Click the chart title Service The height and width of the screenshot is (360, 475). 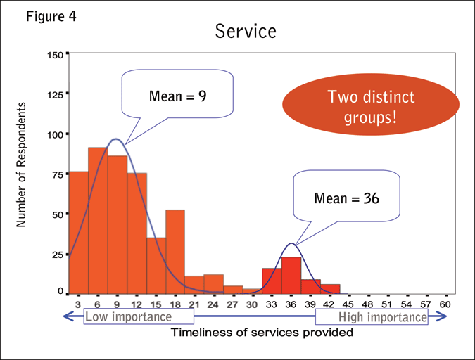(x=246, y=32)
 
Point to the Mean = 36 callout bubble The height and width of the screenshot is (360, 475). (x=347, y=199)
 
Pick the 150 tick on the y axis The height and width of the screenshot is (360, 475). (x=56, y=54)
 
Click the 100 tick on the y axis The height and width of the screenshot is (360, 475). (x=56, y=134)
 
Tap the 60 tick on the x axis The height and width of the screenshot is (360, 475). (x=445, y=304)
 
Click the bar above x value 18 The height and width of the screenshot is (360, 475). (x=175, y=251)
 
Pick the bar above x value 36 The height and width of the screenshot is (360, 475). (x=291, y=275)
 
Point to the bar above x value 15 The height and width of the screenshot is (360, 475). (x=156, y=265)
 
